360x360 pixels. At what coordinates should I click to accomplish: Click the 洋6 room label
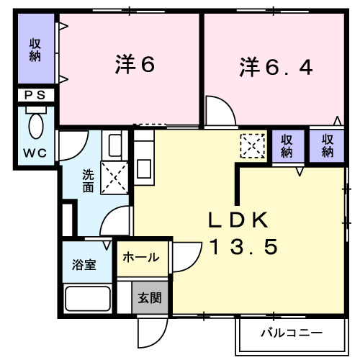point(135,66)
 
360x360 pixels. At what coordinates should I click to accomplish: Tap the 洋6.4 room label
point(276,68)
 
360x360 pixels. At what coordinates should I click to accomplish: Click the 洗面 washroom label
point(88,181)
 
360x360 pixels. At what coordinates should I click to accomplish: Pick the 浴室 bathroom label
point(84,264)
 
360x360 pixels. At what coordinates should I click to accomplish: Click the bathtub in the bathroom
point(87,298)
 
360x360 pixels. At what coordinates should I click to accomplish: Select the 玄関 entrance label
point(150,297)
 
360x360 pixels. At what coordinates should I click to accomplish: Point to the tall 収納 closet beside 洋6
point(35,49)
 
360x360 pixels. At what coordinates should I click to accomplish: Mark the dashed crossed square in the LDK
point(253,147)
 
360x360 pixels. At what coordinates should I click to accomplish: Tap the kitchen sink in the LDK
point(143,168)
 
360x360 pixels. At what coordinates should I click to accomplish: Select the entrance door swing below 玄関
point(153,333)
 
